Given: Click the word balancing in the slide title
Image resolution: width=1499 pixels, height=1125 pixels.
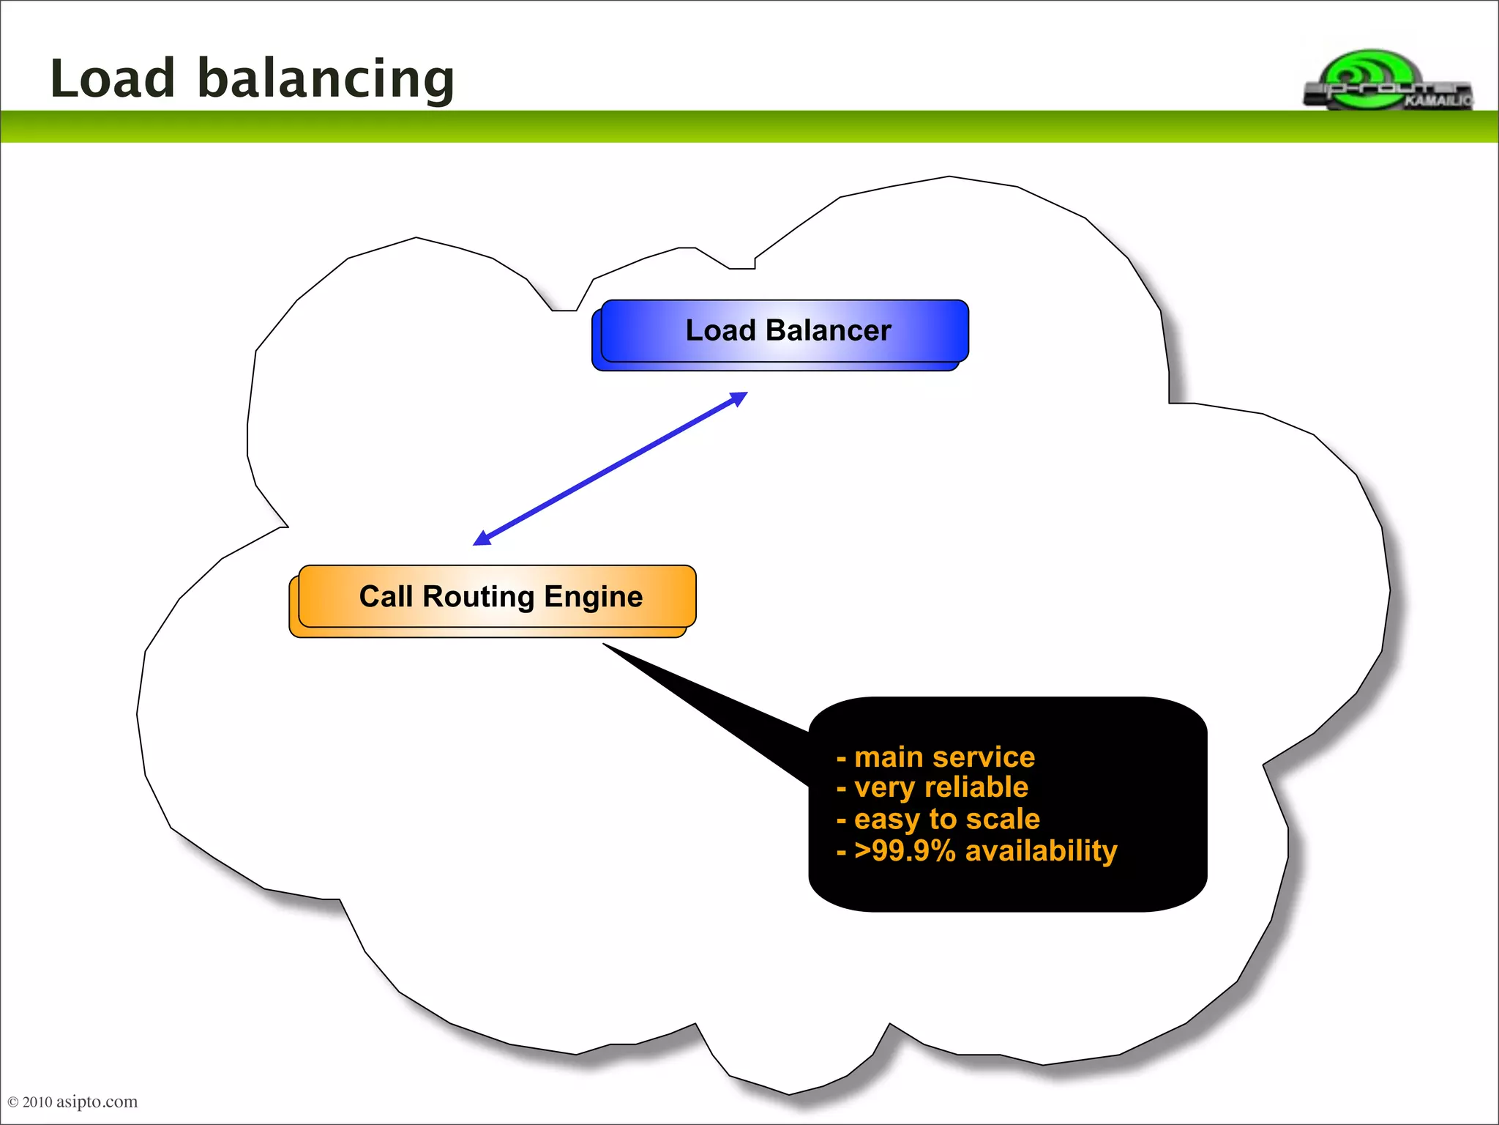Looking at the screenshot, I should point(326,79).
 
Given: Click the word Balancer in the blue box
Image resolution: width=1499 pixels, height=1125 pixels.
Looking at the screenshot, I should point(828,331).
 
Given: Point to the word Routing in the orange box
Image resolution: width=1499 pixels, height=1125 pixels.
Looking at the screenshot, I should point(479,597).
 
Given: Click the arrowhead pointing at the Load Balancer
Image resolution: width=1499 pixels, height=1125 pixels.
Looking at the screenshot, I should point(739,398).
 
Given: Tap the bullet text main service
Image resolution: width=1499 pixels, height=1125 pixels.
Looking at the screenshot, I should point(944,757).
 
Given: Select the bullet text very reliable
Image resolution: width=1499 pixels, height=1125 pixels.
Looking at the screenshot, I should point(941,787).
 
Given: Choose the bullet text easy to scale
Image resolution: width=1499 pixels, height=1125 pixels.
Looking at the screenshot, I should point(946,819).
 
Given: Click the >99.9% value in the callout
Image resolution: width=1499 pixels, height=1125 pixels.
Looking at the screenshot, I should point(905,851).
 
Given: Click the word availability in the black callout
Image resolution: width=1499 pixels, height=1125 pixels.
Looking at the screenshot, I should point(1041,851).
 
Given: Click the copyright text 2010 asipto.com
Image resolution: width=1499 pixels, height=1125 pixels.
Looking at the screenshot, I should point(73,1102).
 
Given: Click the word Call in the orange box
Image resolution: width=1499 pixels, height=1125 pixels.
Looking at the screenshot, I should point(386,597).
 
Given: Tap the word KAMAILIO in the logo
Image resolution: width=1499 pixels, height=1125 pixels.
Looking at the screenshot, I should point(1438,101).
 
